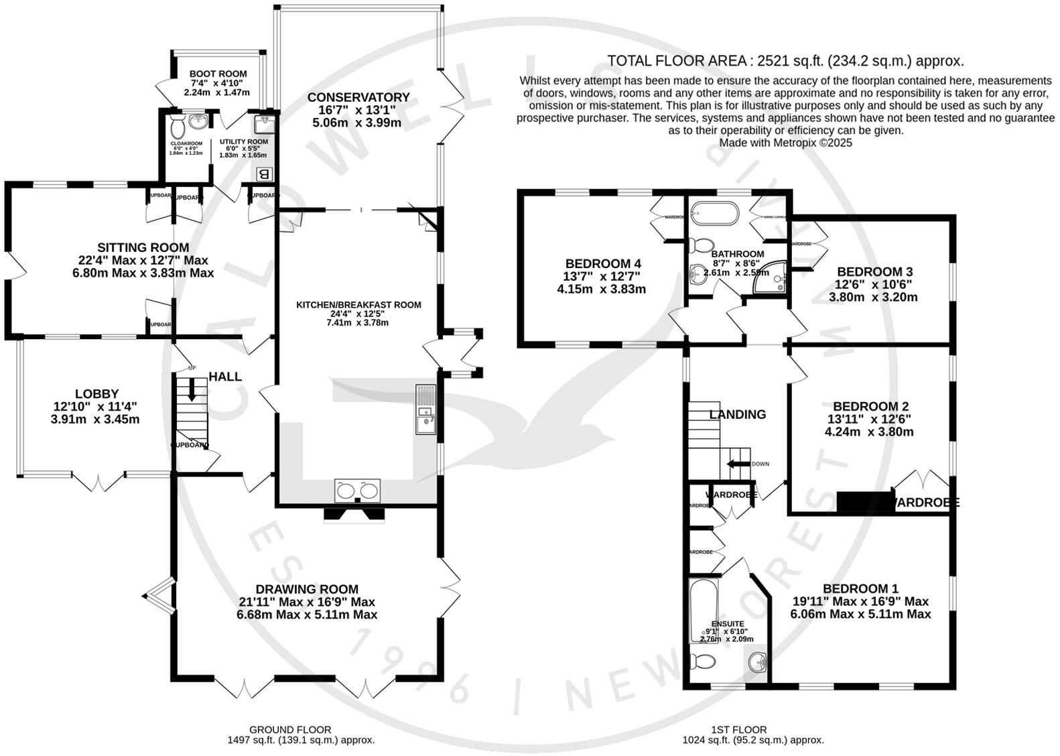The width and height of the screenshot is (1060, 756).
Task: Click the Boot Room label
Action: click(x=218, y=74)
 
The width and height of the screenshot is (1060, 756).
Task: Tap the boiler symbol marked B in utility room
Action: click(x=264, y=174)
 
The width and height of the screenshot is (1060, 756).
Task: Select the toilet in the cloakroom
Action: click(x=178, y=125)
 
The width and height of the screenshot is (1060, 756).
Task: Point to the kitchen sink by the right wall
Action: click(x=425, y=409)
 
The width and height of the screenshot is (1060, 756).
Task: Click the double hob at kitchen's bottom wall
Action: click(x=357, y=491)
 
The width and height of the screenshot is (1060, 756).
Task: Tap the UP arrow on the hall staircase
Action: click(x=192, y=389)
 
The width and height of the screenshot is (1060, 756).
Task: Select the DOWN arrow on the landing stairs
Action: click(x=738, y=464)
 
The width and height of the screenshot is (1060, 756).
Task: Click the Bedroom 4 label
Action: click(x=598, y=264)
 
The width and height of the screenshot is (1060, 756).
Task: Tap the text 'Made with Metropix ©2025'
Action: click(x=785, y=143)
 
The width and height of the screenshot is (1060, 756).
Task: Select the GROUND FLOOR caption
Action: click(x=289, y=729)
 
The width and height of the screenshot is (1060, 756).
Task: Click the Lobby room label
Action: click(x=96, y=394)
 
